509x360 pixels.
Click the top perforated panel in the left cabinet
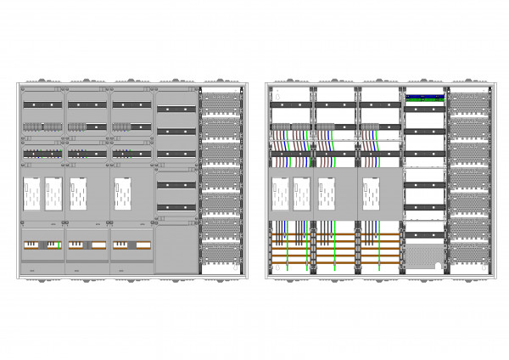point(221,104)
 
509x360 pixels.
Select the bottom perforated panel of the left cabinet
point(221,253)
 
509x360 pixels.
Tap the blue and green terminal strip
point(426,98)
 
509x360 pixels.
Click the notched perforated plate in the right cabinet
point(426,255)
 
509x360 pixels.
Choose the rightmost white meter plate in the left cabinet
point(121,194)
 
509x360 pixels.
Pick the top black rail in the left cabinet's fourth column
point(176,110)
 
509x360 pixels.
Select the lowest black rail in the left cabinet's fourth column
point(176,207)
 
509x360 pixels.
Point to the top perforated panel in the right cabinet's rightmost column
point(468,104)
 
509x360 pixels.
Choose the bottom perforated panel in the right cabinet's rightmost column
point(468,253)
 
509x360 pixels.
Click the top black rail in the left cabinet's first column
point(42,104)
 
